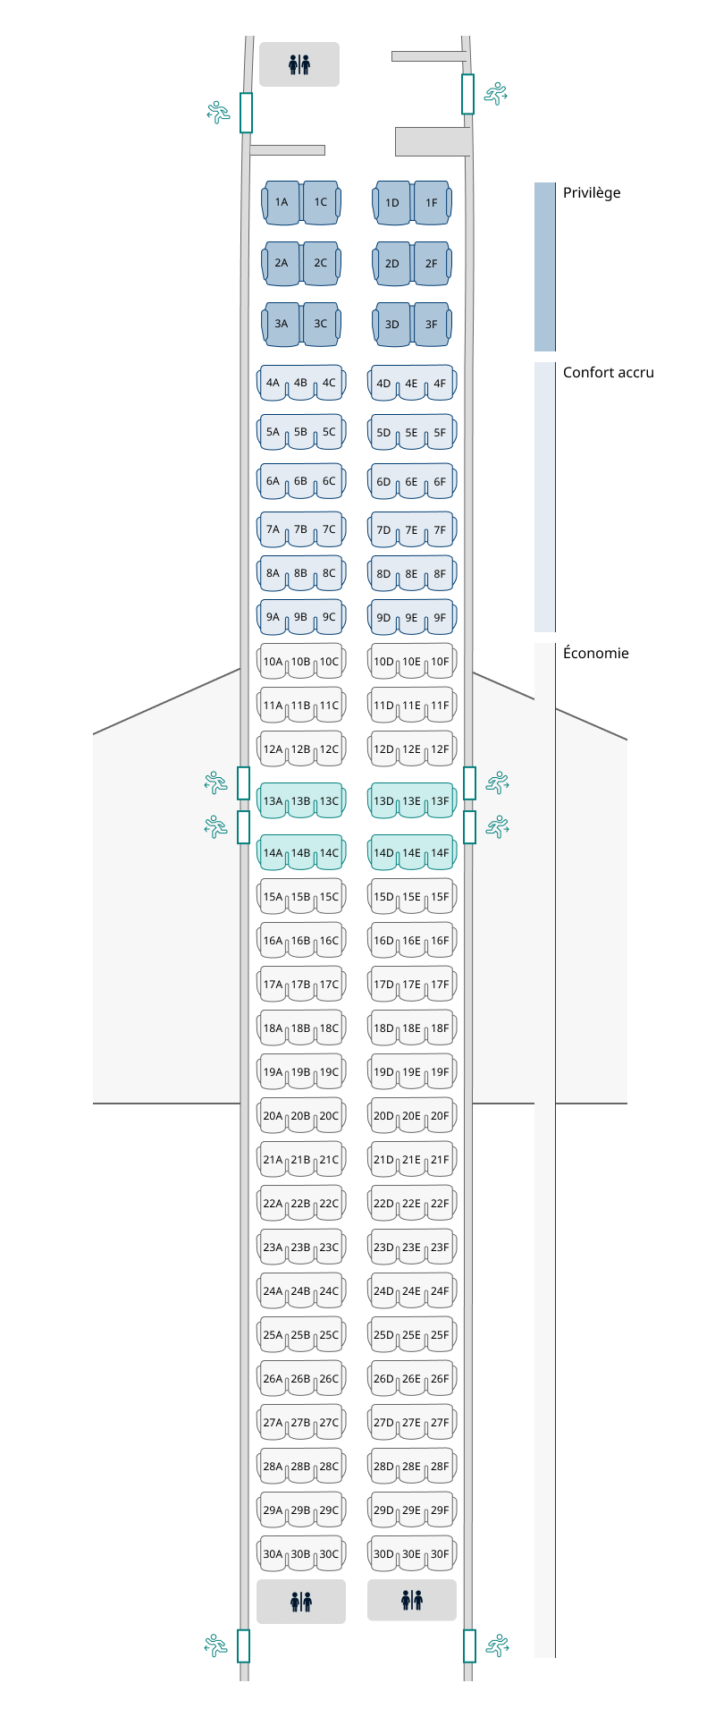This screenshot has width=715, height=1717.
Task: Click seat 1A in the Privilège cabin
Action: tap(282, 202)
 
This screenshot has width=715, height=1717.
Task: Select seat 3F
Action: tap(432, 325)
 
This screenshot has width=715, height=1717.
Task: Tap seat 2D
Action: tap(392, 264)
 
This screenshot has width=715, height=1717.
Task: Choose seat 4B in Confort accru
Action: tap(300, 384)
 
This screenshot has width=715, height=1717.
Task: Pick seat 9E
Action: tap(411, 618)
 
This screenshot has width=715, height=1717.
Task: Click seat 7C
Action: tap(329, 530)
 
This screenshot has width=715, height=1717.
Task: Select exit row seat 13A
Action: tap(273, 802)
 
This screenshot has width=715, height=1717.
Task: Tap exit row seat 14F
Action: tap(440, 854)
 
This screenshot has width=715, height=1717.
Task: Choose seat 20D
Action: tap(383, 1117)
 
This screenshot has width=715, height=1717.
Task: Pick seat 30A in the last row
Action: tap(273, 1555)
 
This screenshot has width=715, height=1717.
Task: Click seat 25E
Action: tap(411, 1336)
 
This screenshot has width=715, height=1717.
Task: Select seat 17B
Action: tap(300, 985)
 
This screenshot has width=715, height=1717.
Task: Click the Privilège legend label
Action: tap(592, 193)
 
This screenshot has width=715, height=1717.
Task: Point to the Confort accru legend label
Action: tap(609, 373)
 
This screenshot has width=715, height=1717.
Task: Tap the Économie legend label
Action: tap(596, 654)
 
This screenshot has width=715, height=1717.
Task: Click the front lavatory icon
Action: tap(299, 64)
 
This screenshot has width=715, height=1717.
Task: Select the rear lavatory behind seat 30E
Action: tap(412, 1600)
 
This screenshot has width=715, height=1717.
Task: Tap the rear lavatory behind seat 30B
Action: tap(301, 1602)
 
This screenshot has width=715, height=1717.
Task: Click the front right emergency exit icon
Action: tap(496, 93)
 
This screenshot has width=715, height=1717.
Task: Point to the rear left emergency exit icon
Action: tap(216, 1645)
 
